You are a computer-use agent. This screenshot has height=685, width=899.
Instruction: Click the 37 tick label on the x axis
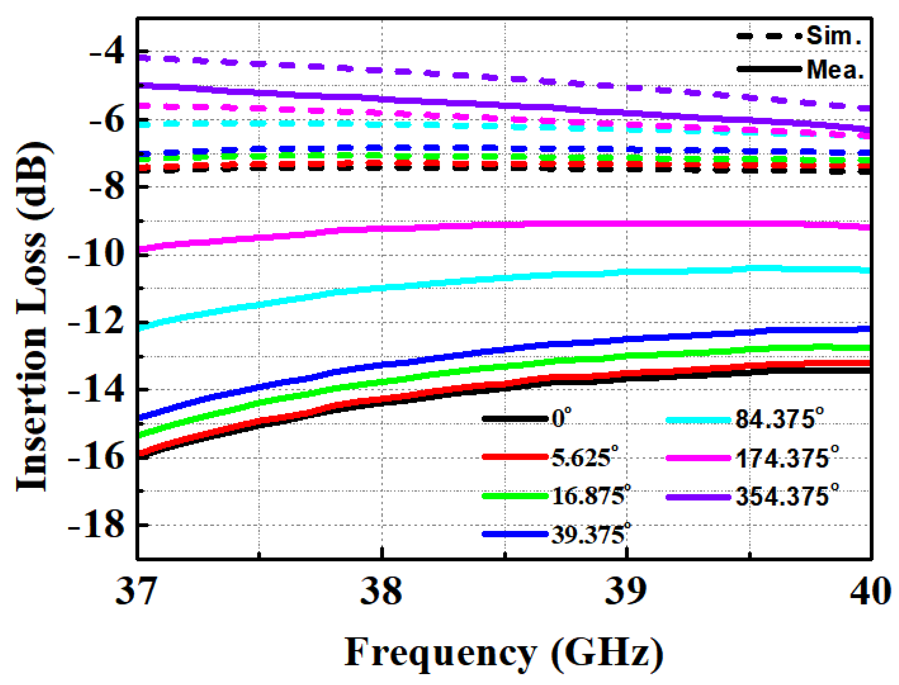(136, 591)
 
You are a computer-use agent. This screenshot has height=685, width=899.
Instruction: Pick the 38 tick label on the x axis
(381, 591)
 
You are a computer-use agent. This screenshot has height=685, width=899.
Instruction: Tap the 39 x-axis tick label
(626, 591)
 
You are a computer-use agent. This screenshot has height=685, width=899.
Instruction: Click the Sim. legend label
(834, 36)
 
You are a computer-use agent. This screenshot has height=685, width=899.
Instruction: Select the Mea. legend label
(835, 70)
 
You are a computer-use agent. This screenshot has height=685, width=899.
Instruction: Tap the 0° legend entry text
(561, 418)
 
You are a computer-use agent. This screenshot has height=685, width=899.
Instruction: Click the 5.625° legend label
(584, 457)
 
